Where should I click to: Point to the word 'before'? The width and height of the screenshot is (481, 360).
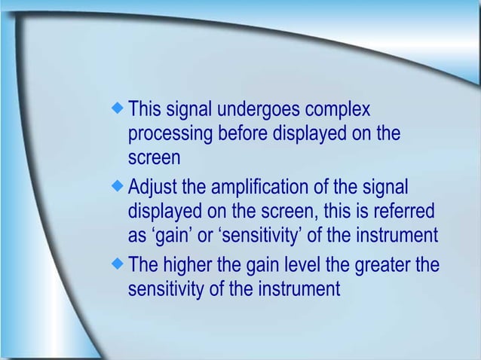243,136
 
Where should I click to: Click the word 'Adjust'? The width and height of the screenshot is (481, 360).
153,185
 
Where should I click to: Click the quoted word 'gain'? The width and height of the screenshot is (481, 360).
170,236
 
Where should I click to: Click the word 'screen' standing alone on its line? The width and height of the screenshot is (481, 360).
155,160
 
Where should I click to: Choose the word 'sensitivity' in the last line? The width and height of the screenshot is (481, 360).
166,289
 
